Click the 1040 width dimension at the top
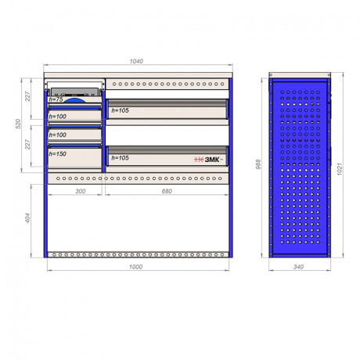coord(136,61)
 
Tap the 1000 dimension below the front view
coord(135,267)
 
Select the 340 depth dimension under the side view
coord(298,267)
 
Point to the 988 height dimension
coord(258,164)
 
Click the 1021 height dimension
coord(339,169)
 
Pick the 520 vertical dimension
coord(18,124)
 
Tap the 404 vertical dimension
coord(27,218)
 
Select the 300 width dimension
coord(80,191)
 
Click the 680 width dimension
coord(167,191)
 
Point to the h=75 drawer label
coord(56,99)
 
